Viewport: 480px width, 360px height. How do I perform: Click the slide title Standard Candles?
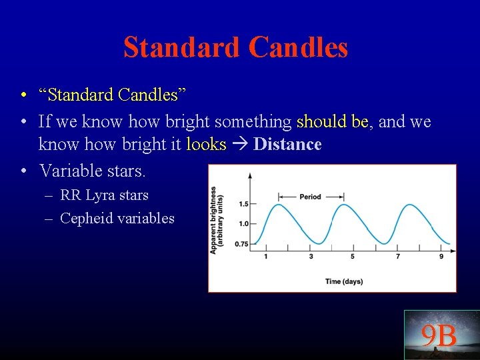(235, 47)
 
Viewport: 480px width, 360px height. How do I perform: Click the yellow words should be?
(332, 122)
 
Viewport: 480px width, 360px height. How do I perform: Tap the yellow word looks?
(206, 145)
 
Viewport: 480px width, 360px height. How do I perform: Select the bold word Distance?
(287, 145)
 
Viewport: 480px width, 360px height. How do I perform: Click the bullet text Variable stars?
(92, 171)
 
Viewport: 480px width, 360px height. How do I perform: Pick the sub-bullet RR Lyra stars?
(104, 195)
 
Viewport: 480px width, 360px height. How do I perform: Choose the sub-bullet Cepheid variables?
(117, 218)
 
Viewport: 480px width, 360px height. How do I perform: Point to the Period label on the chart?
(310, 197)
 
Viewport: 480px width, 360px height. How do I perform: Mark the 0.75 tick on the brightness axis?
(241, 244)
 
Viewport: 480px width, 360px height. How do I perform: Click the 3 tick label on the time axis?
(311, 257)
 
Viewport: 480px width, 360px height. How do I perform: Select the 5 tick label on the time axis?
(353, 257)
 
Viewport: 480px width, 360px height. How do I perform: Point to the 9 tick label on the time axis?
(441, 257)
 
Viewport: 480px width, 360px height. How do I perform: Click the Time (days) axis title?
(344, 281)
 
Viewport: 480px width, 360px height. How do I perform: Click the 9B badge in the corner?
(439, 336)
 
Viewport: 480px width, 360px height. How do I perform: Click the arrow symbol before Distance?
(239, 145)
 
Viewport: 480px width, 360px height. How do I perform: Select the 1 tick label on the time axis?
(266, 257)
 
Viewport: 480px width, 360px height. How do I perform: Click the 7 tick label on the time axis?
(398, 257)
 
